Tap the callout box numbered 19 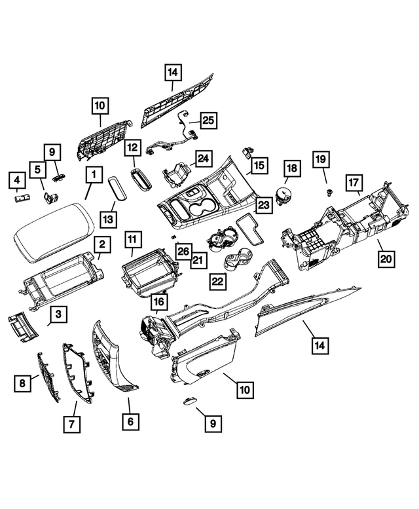(321, 159)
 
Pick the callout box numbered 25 (208, 121)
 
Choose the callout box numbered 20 (386, 259)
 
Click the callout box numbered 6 (130, 421)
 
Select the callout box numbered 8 (23, 383)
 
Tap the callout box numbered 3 (58, 315)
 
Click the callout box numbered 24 (202, 159)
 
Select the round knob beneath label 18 (284, 195)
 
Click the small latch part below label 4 (23, 198)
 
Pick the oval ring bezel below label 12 (141, 179)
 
